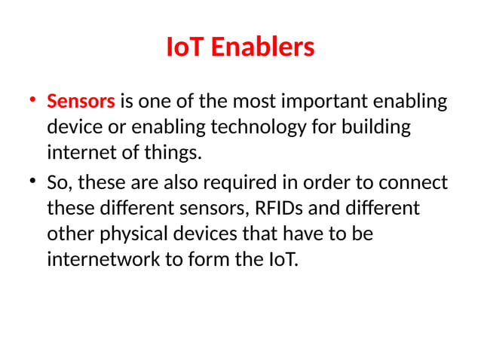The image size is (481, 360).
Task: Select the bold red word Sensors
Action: (81, 100)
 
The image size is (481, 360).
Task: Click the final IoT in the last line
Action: (282, 262)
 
